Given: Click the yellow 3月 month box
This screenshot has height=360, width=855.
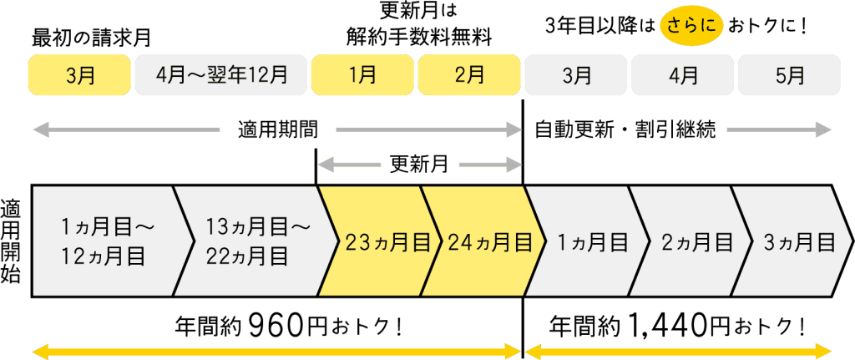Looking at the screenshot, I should click(x=79, y=75).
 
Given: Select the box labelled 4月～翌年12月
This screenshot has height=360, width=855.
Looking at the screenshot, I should click(x=221, y=75).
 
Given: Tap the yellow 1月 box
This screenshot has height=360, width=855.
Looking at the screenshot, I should click(x=362, y=75).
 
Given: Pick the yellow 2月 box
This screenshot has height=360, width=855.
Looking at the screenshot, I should click(x=469, y=75).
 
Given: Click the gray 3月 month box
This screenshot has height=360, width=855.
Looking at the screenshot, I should click(x=576, y=75).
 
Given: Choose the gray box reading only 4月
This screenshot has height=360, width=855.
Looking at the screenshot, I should click(x=683, y=75).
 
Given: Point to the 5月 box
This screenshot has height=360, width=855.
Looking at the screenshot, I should click(x=789, y=75).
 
